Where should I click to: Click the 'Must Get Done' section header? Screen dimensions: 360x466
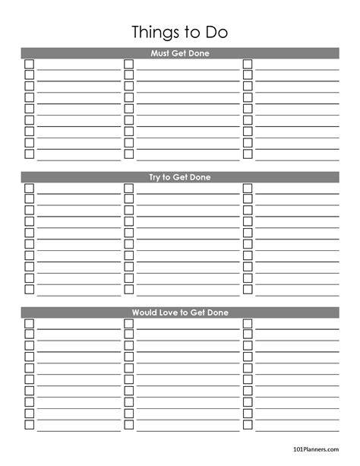(x=180, y=53)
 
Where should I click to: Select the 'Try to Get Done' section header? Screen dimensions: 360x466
(x=180, y=178)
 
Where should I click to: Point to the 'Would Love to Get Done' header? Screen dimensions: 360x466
(x=180, y=312)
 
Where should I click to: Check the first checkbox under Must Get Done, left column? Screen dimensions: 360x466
(x=30, y=64)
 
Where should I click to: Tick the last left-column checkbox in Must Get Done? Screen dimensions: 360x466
(x=30, y=154)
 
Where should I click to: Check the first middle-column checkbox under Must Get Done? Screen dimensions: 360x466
(x=129, y=64)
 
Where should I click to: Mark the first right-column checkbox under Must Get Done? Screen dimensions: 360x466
(x=248, y=64)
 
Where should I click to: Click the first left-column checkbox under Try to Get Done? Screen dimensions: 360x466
(x=30, y=188)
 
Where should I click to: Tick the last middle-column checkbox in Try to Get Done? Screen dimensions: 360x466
(x=129, y=290)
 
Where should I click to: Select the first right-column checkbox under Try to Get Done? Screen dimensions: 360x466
(x=248, y=188)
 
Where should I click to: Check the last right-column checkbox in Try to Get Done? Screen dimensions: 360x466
(x=248, y=290)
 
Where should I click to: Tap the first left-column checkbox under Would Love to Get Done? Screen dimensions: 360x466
(x=30, y=323)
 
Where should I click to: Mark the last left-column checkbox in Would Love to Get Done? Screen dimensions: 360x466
(x=30, y=424)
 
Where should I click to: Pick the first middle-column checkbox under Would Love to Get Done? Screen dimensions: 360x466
(x=129, y=323)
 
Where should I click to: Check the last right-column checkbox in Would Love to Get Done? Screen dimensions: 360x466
(x=248, y=424)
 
